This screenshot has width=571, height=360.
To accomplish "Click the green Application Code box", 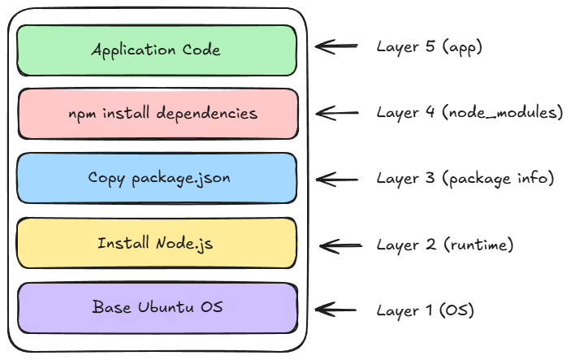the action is coord(157,50).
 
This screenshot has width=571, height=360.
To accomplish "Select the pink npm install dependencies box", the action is coord(158,114).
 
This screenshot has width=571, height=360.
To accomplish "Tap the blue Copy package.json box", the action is coord(157,178).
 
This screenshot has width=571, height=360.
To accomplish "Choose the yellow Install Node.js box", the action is coord(157,243).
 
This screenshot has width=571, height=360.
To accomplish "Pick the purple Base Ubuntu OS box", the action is coord(158,308).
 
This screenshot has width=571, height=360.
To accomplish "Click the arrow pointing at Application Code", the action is coord(336,46).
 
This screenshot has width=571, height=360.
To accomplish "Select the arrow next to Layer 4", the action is coord(337,113).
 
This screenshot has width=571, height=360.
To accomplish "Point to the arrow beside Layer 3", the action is coord(337,180).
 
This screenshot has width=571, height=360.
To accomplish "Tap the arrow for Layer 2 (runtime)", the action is coord(341,246).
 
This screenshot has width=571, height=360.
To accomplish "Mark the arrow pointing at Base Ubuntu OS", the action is coord(335,310).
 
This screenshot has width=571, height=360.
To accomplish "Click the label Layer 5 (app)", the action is coord(430,47).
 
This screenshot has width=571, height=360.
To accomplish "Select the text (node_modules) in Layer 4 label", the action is coord(503,112).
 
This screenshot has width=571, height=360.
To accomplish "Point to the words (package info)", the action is coord(498,179).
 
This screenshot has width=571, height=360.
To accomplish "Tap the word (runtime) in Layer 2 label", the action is coord(479,245).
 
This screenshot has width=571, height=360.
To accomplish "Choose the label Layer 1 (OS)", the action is coord(426,310).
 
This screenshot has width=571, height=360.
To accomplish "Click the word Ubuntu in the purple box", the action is coord(166,307).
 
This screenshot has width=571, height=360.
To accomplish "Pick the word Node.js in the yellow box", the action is coord(184,243).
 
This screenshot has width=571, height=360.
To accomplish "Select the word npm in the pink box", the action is coord(82,115).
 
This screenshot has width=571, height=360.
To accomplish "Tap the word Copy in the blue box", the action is coord(106,179).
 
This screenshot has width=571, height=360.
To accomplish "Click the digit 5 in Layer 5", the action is coord(430,46).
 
